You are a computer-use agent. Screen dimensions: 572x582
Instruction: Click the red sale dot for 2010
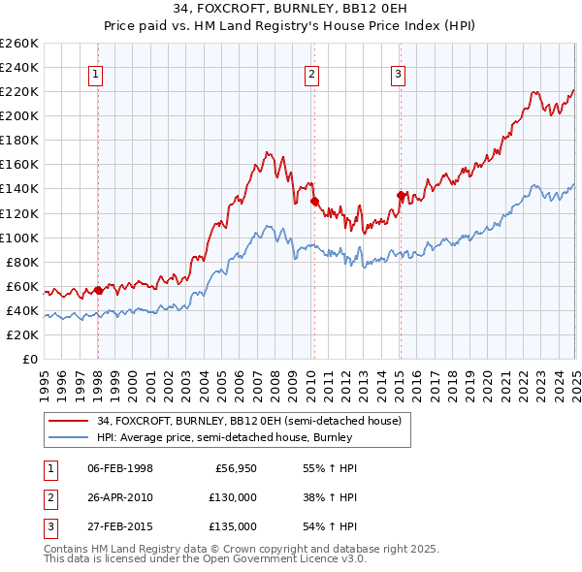point(314,202)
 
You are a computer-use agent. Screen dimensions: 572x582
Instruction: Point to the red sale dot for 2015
point(401,195)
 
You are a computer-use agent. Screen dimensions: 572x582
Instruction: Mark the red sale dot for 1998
point(98,290)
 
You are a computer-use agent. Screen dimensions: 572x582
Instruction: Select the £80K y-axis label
point(22,262)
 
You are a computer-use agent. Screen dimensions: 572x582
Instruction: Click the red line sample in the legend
point(67,420)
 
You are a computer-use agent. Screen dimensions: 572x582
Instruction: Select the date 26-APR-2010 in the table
point(120,497)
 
